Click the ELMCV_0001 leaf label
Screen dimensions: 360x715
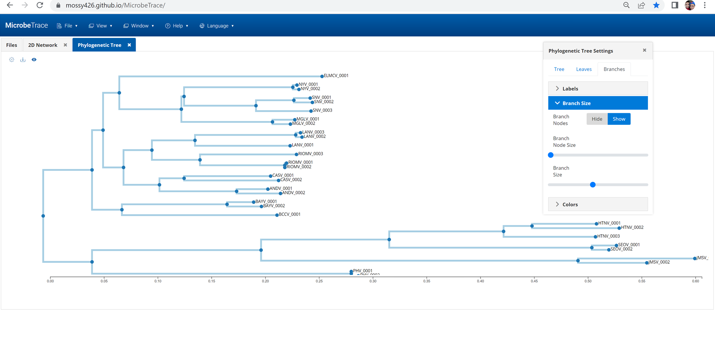pos(336,76)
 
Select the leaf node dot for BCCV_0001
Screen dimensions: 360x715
pos(277,215)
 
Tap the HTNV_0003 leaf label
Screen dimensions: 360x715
pos(608,236)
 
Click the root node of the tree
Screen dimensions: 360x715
pos(43,216)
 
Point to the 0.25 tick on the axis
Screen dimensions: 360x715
pos(319,281)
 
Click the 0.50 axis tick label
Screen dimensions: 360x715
pos(588,281)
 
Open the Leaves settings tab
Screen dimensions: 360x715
pos(584,69)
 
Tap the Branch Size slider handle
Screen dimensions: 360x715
pos(593,185)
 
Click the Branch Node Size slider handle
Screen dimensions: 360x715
pos(551,155)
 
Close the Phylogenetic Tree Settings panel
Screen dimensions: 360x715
pos(644,50)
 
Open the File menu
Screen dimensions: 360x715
pos(67,26)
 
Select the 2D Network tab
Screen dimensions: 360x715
pos(43,45)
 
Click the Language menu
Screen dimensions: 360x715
pos(217,26)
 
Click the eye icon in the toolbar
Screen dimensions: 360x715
pos(34,60)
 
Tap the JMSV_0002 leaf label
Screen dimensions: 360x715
pos(659,262)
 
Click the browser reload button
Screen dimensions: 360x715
pos(40,5)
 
